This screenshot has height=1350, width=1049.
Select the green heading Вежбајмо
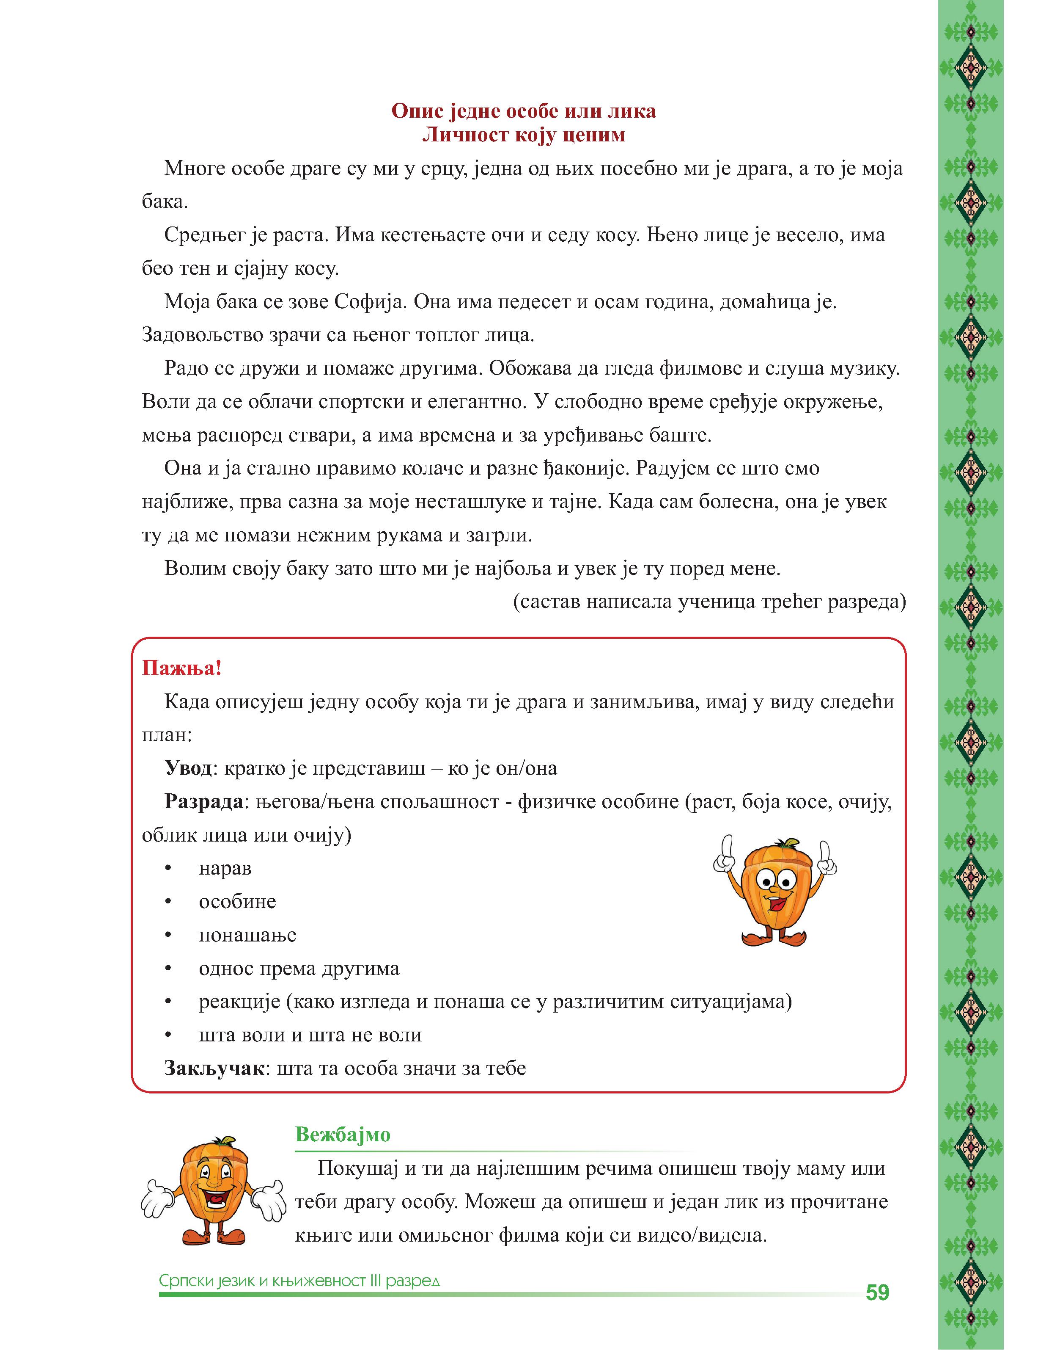(343, 1135)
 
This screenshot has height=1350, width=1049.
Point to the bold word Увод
(188, 768)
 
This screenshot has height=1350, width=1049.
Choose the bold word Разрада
(203, 802)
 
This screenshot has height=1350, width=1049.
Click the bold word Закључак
(214, 1068)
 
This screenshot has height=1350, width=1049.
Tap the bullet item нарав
(225, 869)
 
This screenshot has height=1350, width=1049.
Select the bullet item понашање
(247, 935)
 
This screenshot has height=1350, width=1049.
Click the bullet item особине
(237, 902)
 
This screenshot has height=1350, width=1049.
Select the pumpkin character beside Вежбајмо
(213, 1196)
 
